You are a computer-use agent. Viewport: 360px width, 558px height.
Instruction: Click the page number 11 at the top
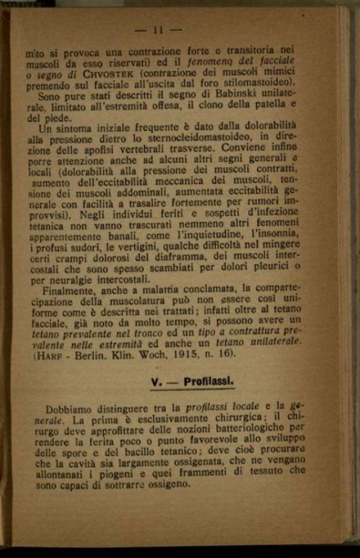(x=157, y=29)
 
